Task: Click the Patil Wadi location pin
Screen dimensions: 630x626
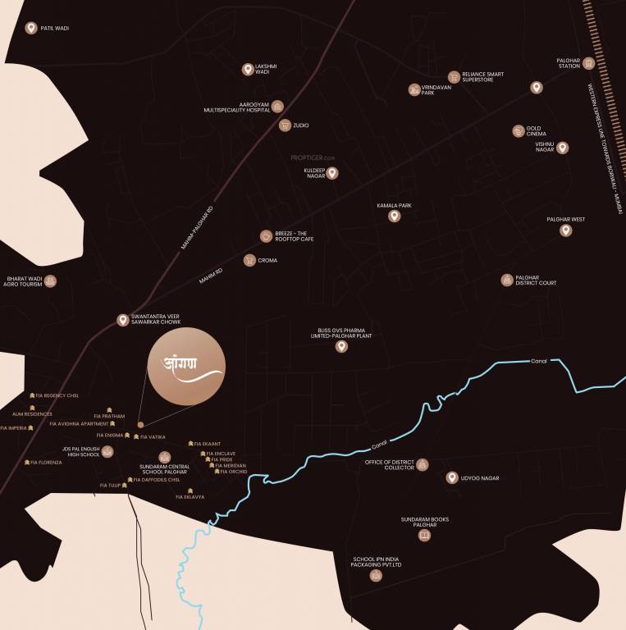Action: (31, 29)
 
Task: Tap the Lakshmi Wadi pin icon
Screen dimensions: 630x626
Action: (247, 70)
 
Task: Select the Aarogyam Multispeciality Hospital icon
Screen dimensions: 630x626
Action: (277, 107)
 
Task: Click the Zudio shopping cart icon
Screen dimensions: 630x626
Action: (285, 126)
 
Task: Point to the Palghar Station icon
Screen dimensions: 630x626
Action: (588, 63)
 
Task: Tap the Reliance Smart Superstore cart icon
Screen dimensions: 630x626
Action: (454, 76)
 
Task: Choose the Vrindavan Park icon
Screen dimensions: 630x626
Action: (414, 89)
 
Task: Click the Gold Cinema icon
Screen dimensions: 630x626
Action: (519, 130)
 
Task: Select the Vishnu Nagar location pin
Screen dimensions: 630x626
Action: (563, 148)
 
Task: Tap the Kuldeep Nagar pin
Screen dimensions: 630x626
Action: (332, 173)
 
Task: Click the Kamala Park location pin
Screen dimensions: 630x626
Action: (394, 217)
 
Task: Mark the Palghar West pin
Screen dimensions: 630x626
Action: (565, 231)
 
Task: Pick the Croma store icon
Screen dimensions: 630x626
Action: (249, 260)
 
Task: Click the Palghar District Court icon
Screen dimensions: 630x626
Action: (507, 280)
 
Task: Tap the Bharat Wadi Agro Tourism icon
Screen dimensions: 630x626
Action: (51, 281)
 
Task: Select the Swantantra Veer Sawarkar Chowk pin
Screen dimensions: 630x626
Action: (123, 320)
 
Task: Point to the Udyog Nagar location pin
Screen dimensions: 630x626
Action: (451, 477)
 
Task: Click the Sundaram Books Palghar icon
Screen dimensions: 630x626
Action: (424, 536)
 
